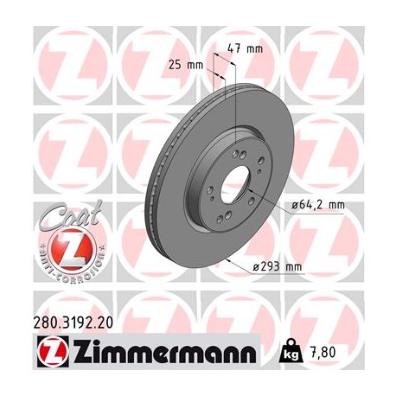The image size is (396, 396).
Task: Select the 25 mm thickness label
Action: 184,64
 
